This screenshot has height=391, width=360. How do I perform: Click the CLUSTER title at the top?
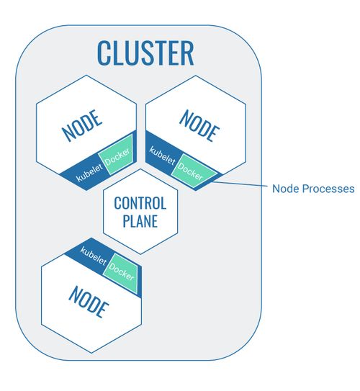coord(145,53)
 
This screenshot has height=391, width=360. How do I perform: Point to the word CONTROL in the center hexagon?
coord(140,204)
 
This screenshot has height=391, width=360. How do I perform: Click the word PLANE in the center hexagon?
coord(140,220)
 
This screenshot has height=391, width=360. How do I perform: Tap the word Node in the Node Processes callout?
coord(284,189)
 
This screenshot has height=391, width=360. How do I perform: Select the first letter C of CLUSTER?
coord(104,53)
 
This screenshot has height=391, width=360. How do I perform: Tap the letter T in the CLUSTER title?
coord(157,53)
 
